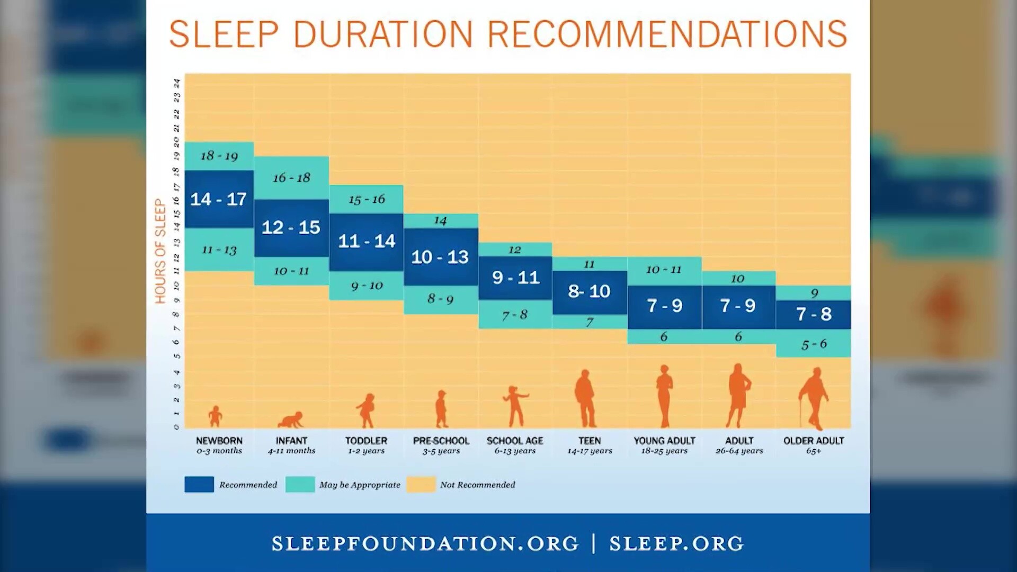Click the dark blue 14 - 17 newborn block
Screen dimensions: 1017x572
[219, 199]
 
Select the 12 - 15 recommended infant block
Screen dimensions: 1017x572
[291, 228]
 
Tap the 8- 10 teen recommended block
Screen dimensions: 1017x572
[590, 292]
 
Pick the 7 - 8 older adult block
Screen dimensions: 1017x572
[814, 315]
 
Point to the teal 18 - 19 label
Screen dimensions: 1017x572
[219, 156]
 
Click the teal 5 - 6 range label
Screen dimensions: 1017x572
[814, 344]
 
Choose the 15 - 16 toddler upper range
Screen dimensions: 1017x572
[367, 200]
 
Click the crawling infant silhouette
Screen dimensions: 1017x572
[291, 419]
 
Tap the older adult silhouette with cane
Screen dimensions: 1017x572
[814, 398]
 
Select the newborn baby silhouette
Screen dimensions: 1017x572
[215, 416]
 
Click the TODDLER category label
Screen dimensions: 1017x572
[367, 441]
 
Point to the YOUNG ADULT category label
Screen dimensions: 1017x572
[664, 441]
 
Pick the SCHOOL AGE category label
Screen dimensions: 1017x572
[515, 441]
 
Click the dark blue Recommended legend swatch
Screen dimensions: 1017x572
[199, 484]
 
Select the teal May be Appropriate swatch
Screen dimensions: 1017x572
[300, 484]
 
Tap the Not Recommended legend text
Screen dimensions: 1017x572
[477, 485]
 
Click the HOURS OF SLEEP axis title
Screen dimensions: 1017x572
[160, 251]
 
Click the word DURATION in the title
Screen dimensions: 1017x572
[383, 34]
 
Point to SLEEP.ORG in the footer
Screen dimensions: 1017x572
[676, 543]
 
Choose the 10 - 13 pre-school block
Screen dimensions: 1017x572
[441, 257]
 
